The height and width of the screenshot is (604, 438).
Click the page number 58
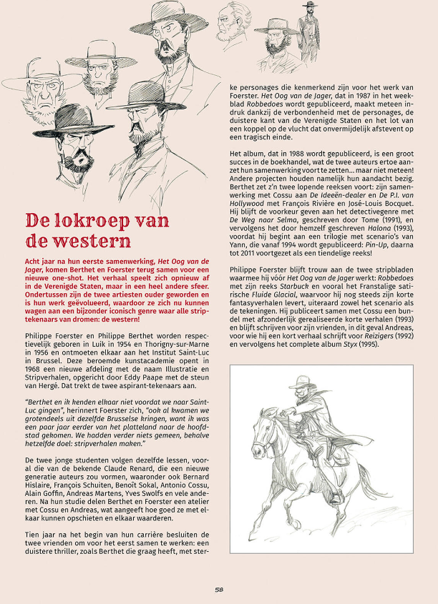(x=219, y=590)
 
